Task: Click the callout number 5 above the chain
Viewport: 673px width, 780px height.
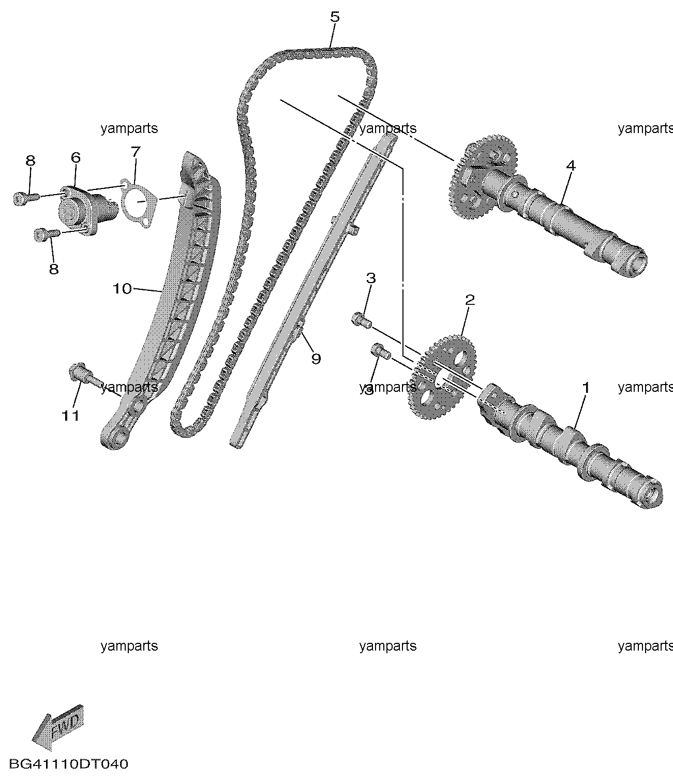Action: tap(335, 18)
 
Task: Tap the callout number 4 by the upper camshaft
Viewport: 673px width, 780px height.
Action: tap(571, 165)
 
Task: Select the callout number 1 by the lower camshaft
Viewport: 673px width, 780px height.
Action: tap(586, 387)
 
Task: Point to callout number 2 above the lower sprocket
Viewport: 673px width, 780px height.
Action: tap(470, 300)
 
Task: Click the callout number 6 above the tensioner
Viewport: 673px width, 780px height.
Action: tap(76, 157)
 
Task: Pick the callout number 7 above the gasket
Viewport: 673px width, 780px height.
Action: tap(136, 152)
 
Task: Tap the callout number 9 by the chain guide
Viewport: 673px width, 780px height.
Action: tap(316, 359)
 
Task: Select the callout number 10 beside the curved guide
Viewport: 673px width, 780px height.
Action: tap(122, 289)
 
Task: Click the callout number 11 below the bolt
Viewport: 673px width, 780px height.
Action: tap(70, 416)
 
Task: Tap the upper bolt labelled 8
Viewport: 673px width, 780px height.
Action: tap(26, 198)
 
